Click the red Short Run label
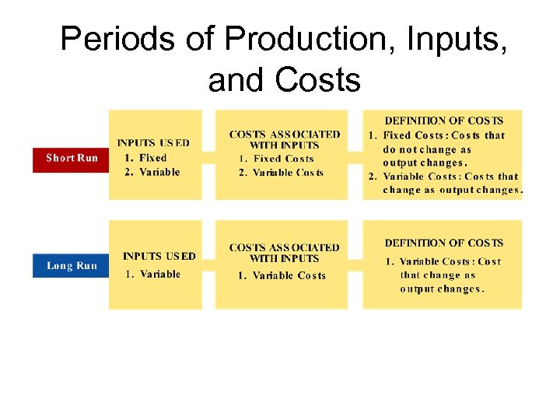(x=72, y=158)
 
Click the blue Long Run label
(x=72, y=266)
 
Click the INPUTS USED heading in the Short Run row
(x=153, y=143)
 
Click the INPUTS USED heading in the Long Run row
(x=159, y=256)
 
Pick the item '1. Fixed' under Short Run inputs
(x=146, y=158)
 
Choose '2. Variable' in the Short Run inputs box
(x=152, y=172)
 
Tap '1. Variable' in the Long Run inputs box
(x=153, y=274)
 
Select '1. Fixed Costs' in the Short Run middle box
(x=276, y=159)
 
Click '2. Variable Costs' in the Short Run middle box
(x=281, y=173)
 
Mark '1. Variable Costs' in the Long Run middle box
(x=282, y=275)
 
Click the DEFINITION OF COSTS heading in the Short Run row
(x=444, y=121)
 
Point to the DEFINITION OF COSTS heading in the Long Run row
(x=444, y=243)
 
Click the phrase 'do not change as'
(x=427, y=149)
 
